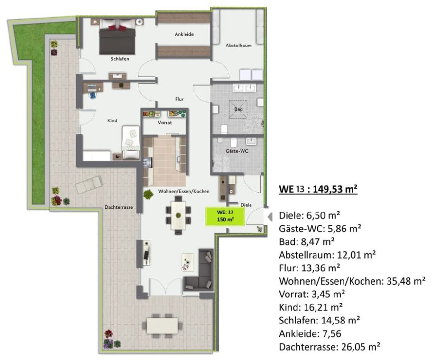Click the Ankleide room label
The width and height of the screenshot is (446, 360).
point(184,34)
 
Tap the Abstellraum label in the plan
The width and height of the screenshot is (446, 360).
point(238,45)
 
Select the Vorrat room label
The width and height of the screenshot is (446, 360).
point(165,123)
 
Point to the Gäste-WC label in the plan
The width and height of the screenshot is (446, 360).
point(237,151)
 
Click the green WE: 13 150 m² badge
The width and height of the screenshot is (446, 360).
point(225,216)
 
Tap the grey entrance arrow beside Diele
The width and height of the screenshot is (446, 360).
point(270,217)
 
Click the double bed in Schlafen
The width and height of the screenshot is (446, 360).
point(117,36)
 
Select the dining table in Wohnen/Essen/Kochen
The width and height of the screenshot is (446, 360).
point(178,215)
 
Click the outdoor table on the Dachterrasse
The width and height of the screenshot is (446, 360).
point(162,326)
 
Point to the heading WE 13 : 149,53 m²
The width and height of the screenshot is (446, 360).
point(318,189)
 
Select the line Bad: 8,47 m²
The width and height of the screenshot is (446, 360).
point(306,242)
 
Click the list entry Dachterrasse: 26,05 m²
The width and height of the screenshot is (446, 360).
point(330,347)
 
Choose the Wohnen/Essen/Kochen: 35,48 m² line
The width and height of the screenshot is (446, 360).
point(352,281)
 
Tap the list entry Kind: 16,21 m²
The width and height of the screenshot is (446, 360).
point(310,307)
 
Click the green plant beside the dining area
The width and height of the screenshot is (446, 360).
point(148,195)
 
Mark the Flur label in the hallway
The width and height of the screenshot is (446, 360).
point(179,99)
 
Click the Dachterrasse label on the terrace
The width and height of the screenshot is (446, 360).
point(119,207)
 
